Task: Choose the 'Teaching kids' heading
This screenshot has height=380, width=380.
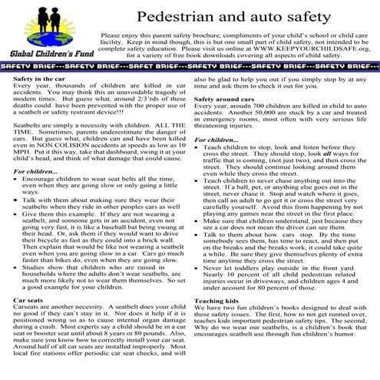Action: [x=218, y=300]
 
